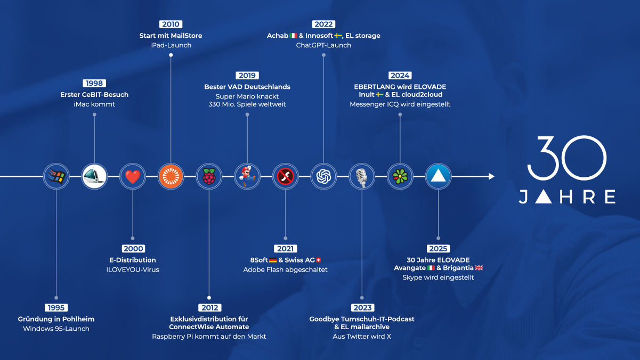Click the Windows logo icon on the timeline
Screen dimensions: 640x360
click(x=56, y=176)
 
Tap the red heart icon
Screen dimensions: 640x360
click(x=133, y=176)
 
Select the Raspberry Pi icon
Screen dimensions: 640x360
click(x=209, y=176)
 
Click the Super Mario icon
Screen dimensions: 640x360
click(x=247, y=176)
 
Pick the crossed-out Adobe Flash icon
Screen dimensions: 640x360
click(x=286, y=176)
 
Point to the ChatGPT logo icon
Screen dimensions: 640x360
click(x=323, y=176)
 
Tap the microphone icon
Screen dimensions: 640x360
click(x=362, y=176)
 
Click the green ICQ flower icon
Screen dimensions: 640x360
click(x=400, y=176)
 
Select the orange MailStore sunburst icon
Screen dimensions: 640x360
click(x=171, y=176)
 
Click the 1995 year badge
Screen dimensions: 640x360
click(x=56, y=307)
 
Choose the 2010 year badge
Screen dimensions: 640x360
click(x=171, y=24)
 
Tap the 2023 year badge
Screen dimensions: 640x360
click(x=362, y=307)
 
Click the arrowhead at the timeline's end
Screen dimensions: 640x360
click(x=492, y=176)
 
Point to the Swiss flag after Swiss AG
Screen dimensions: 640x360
click(x=319, y=260)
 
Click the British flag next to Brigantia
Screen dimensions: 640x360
click(x=479, y=268)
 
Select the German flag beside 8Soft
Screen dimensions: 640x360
click(x=273, y=260)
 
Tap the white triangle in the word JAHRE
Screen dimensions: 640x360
click(x=543, y=197)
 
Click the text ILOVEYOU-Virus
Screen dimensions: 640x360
click(x=133, y=269)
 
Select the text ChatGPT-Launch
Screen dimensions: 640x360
click(x=323, y=45)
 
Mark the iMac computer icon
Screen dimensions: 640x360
click(x=94, y=176)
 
